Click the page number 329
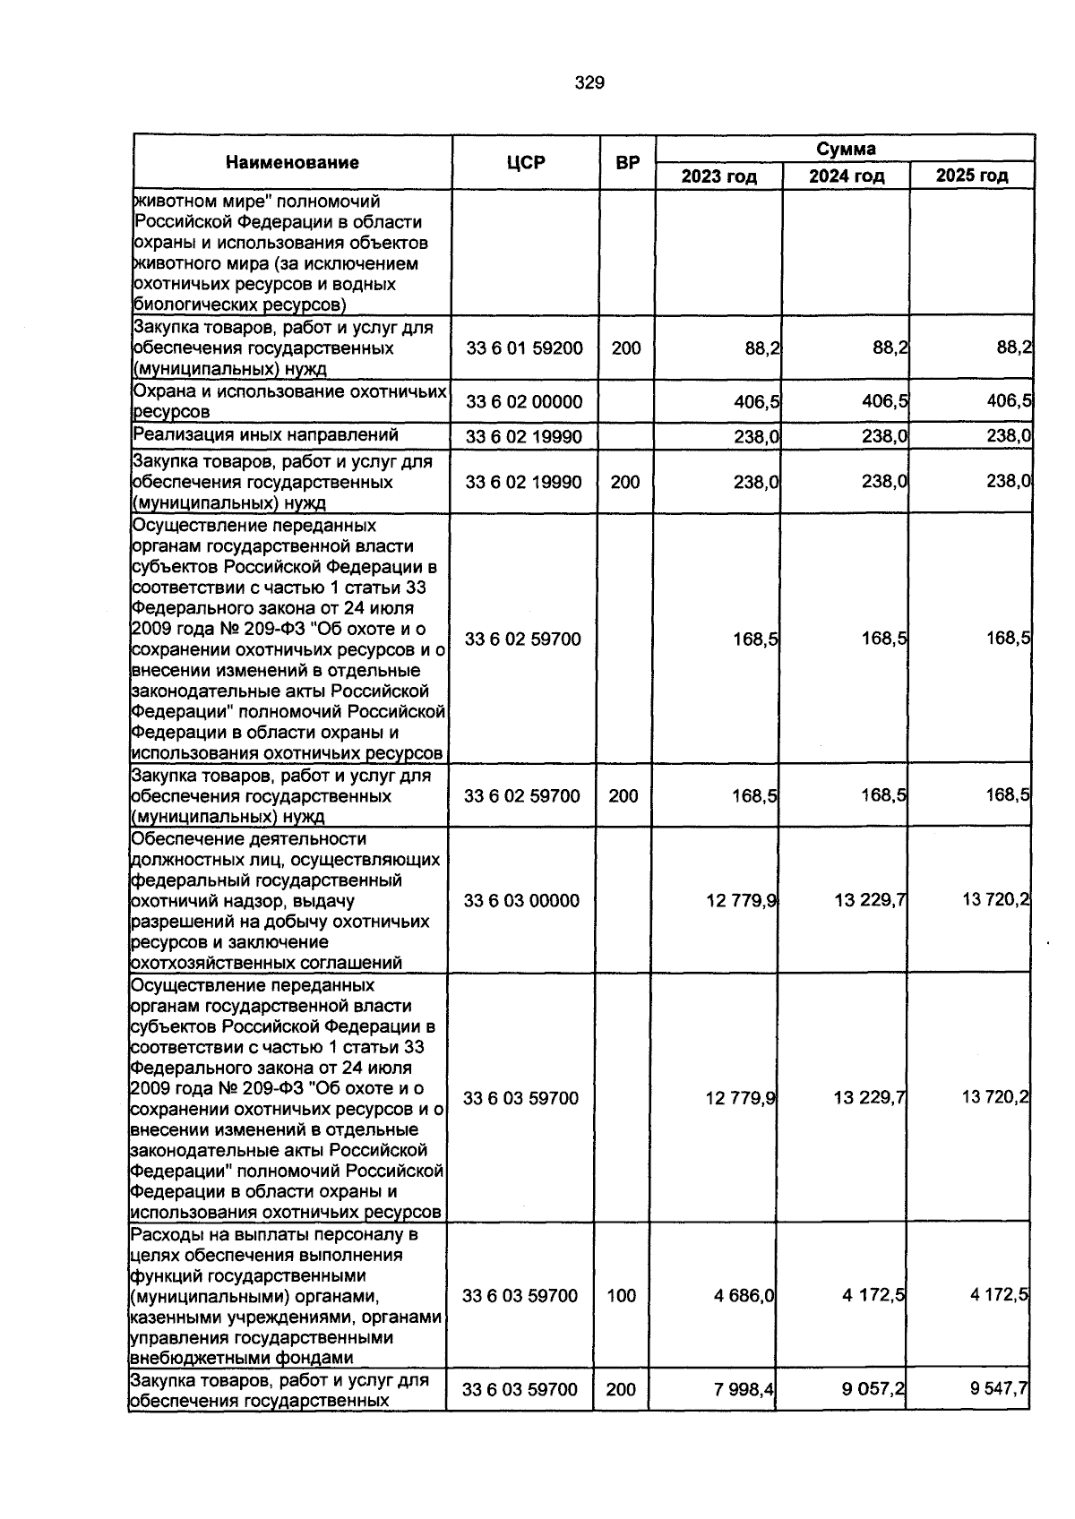(x=589, y=83)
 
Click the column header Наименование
(x=292, y=162)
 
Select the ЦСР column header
(x=525, y=162)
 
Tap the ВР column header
(x=628, y=162)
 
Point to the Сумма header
(x=845, y=149)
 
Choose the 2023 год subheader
(x=718, y=176)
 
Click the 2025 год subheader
(x=972, y=176)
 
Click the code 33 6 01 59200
(x=524, y=348)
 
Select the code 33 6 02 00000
(x=524, y=401)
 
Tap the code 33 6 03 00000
(x=521, y=900)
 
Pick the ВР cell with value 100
(x=621, y=1295)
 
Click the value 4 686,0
(x=744, y=1295)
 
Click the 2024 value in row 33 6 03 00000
(x=869, y=900)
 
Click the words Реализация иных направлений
(x=265, y=435)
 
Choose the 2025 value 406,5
(x=1008, y=401)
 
